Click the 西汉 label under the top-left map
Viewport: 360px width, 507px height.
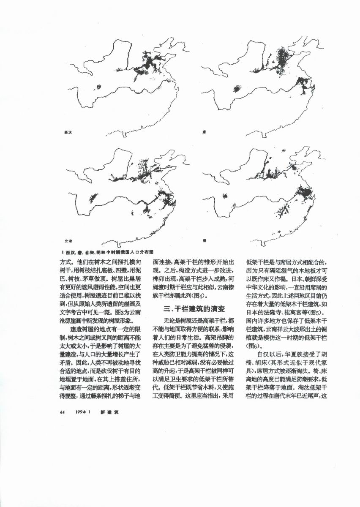(x=67, y=132)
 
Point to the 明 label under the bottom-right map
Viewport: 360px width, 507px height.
(x=204, y=240)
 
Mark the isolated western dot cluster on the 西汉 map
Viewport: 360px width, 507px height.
(x=99, y=87)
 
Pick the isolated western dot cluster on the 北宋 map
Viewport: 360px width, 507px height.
(x=93, y=196)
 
